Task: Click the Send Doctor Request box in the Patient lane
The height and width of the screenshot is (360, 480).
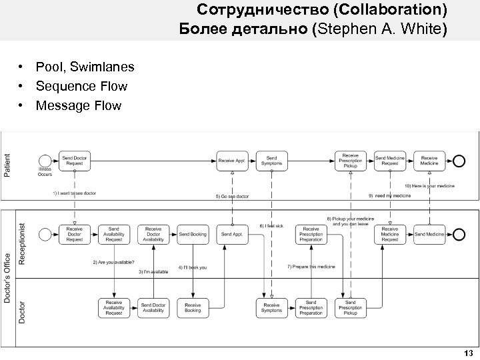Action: point(75,160)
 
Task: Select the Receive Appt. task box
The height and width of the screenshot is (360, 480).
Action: point(231,160)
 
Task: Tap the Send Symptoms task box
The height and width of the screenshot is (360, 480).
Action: point(271,160)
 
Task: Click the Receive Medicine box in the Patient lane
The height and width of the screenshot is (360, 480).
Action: point(429,160)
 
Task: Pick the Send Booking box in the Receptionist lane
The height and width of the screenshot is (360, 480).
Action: point(193,234)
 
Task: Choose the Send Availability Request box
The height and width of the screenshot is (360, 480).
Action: point(114,234)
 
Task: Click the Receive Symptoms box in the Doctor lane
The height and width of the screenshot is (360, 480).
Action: point(271,307)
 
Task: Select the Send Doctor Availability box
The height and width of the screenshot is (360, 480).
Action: point(153,307)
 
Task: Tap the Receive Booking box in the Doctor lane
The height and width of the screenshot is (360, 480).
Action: point(193,307)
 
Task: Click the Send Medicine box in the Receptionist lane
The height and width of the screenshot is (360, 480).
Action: point(429,234)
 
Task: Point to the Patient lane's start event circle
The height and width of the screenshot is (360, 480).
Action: point(45,160)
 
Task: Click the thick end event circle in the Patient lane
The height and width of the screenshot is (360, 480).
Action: point(459,160)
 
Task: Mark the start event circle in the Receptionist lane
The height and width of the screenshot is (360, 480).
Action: point(45,234)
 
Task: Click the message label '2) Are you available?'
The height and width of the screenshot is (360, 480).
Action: point(113,262)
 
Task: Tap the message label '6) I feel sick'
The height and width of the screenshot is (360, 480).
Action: point(271,226)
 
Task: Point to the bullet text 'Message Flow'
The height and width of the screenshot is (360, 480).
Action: point(79,105)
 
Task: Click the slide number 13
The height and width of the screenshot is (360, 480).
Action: point(468,353)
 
